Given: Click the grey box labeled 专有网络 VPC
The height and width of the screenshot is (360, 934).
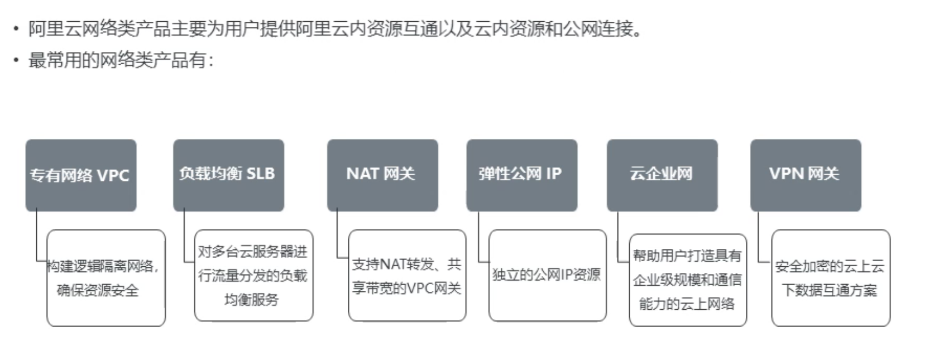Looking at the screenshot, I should (x=81, y=175).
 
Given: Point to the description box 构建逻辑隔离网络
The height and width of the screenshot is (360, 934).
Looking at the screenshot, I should (x=106, y=278).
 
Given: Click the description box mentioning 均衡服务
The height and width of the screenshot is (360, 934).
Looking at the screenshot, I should (x=253, y=276).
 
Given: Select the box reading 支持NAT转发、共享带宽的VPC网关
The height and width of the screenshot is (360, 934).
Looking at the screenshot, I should (x=407, y=276).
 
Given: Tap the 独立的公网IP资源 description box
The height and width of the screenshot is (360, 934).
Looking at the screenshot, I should (x=547, y=276).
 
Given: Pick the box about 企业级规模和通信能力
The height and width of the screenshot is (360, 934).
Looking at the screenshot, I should (x=688, y=280).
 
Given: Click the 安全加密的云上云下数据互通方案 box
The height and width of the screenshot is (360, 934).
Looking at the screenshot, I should (x=831, y=278).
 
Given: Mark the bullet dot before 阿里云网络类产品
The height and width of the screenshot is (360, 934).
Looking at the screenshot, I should (x=16, y=28).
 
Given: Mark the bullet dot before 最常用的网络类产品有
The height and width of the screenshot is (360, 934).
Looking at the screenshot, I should (x=16, y=60).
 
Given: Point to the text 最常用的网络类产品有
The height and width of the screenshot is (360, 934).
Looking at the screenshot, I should (x=121, y=60).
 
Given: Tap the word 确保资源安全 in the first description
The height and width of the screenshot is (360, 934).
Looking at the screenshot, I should (x=98, y=290).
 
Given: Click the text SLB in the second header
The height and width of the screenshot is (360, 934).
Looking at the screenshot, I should (x=261, y=174).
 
